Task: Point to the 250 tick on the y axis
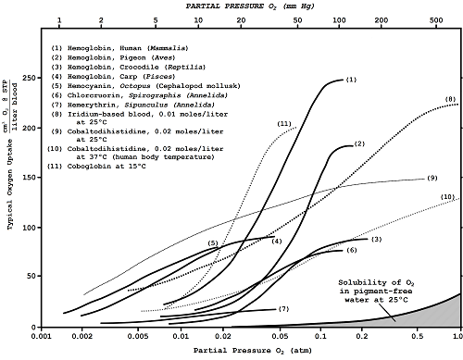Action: (43, 78)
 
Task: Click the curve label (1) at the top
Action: (352, 81)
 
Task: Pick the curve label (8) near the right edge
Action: (449, 99)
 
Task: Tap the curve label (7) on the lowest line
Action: (283, 308)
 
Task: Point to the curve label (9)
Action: (432, 177)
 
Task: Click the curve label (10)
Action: (446, 197)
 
